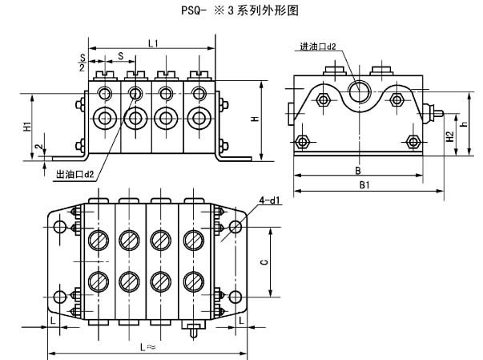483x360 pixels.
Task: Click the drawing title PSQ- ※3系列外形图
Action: click(x=240, y=10)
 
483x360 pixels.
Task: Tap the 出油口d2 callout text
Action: click(x=74, y=172)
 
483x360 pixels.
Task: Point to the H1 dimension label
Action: click(x=26, y=126)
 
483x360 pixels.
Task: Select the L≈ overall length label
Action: click(x=147, y=346)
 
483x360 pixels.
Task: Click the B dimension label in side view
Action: click(x=360, y=170)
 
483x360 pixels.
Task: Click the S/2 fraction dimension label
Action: click(x=82, y=63)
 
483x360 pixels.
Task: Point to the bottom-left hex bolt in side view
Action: click(x=303, y=142)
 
